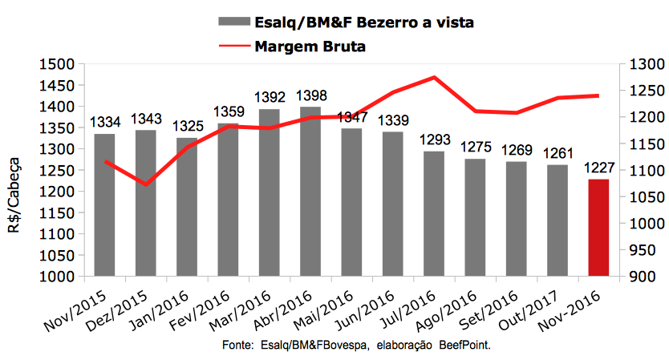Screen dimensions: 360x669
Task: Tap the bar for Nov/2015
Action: [104, 205]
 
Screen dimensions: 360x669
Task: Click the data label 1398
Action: [310, 96]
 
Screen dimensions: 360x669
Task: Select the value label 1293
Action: [434, 140]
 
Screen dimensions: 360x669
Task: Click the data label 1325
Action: [187, 126]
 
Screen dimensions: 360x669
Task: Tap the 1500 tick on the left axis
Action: [55, 64]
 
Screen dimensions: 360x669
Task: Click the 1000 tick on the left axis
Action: [55, 277]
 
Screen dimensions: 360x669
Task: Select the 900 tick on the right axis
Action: [642, 277]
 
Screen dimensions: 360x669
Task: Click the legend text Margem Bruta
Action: [310, 47]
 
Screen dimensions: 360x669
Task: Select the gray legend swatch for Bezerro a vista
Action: [233, 22]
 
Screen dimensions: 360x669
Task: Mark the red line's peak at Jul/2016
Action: [434, 78]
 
